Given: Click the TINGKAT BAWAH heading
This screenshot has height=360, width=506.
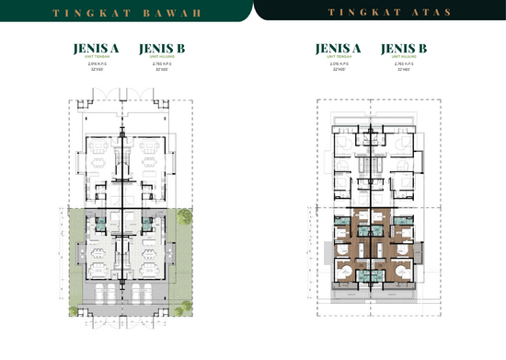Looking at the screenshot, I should click(x=126, y=13).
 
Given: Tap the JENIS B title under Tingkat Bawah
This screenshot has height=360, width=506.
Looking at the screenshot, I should click(x=158, y=48).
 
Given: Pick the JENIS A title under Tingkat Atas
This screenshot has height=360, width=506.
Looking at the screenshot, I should click(x=338, y=48).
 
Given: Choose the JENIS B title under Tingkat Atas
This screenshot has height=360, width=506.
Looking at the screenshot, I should click(x=402, y=48).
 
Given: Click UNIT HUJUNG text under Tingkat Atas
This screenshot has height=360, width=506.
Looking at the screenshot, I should click(x=402, y=57).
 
